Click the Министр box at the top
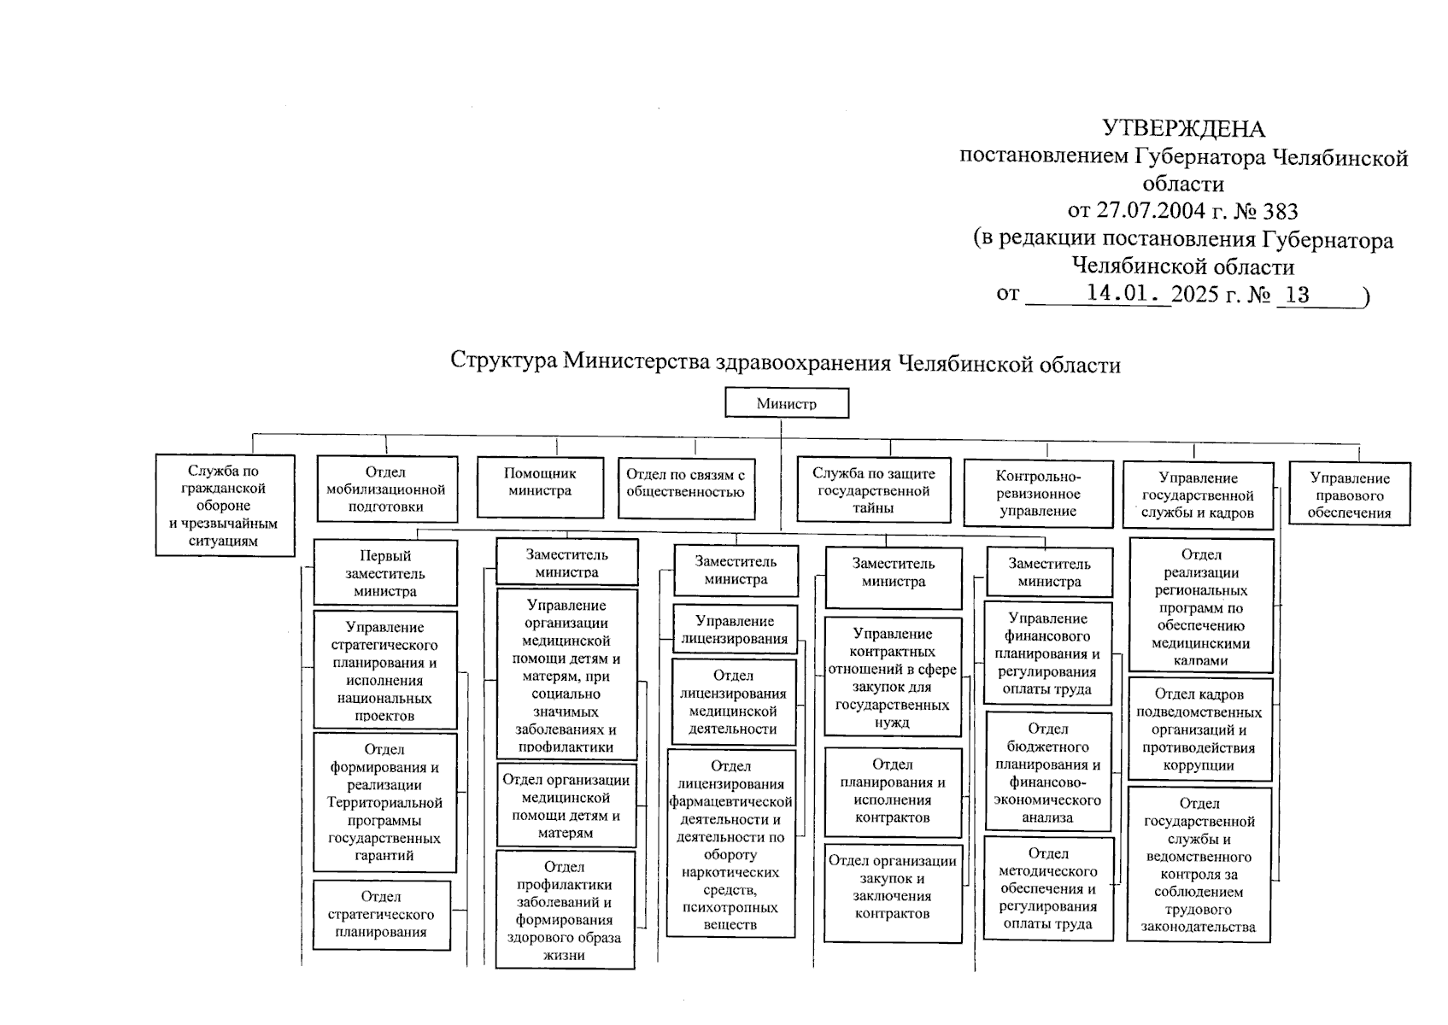click(786, 403)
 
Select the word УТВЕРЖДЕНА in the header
click(1183, 128)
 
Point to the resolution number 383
click(1280, 211)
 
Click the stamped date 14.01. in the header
click(1124, 294)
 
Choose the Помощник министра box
click(540, 487)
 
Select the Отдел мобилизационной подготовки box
click(386, 489)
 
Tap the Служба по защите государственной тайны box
click(873, 490)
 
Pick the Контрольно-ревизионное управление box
click(1038, 494)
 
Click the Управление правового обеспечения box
click(1349, 495)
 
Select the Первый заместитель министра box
click(385, 573)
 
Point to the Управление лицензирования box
click(735, 630)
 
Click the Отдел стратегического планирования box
click(381, 915)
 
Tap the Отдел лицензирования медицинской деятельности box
click(733, 702)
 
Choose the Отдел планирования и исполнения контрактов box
click(893, 792)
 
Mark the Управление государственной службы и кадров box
click(1198, 495)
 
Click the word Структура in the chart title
click(503, 362)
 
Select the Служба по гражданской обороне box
click(225, 505)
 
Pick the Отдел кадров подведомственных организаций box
click(1199, 729)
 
